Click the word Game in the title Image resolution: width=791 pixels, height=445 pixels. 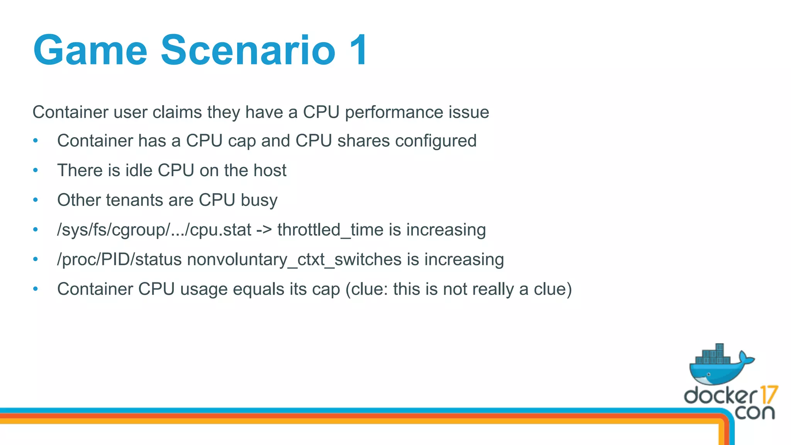(90, 51)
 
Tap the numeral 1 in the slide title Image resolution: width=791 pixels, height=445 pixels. (358, 51)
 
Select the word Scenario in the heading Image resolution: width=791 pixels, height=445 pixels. (248, 51)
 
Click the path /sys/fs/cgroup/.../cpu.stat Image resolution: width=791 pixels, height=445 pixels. (154, 230)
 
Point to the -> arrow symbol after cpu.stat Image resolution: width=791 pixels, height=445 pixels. (264, 230)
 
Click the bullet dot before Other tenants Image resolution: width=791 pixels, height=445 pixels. (36, 200)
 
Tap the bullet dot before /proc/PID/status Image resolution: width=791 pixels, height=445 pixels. (36, 260)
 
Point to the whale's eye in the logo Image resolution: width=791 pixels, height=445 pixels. (709, 374)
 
